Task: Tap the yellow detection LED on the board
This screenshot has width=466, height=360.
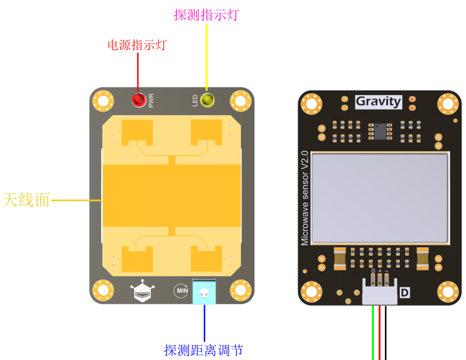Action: [x=207, y=100]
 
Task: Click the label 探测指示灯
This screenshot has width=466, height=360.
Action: [x=206, y=15]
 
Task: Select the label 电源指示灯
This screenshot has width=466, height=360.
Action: [x=136, y=45]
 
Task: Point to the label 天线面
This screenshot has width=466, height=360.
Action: [x=26, y=200]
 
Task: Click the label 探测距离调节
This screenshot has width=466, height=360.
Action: [x=203, y=350]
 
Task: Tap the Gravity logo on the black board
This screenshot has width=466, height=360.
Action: [x=379, y=101]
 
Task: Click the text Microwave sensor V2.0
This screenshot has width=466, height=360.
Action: [x=305, y=198]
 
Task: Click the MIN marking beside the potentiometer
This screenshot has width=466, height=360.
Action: [x=181, y=290]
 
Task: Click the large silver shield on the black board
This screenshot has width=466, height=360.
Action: [x=380, y=198]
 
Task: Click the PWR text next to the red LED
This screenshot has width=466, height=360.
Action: [x=151, y=100]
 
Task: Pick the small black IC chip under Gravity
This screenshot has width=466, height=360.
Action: [x=378, y=130]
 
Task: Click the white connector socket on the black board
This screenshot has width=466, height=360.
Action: [x=379, y=294]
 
